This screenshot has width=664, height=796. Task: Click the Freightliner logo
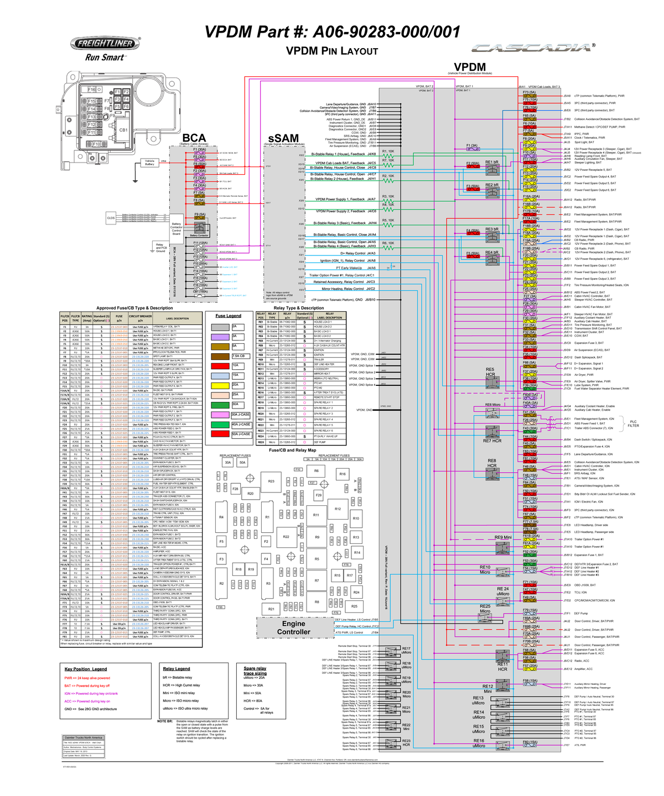pos(105,43)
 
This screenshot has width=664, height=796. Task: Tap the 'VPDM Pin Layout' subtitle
pos(331,51)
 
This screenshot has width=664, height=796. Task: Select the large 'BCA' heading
pos(194,138)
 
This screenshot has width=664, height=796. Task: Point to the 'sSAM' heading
pos(283,138)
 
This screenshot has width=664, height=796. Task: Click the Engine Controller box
pos(294,627)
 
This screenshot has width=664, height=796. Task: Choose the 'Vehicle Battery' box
pos(150,163)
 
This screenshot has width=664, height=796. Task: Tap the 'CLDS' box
pos(111,218)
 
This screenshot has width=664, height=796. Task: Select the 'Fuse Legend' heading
pos(228,316)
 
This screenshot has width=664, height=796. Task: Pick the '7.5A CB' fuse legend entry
pos(238,356)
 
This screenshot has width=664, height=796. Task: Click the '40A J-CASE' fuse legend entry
pos(241,424)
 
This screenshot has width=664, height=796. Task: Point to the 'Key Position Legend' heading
pos(85,669)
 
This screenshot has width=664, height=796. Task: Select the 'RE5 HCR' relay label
pos(490,372)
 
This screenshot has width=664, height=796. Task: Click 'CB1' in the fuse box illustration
pos(123,130)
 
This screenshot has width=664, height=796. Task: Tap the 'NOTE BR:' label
pos(165,721)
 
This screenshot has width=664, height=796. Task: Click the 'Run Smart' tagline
pos(105,57)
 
